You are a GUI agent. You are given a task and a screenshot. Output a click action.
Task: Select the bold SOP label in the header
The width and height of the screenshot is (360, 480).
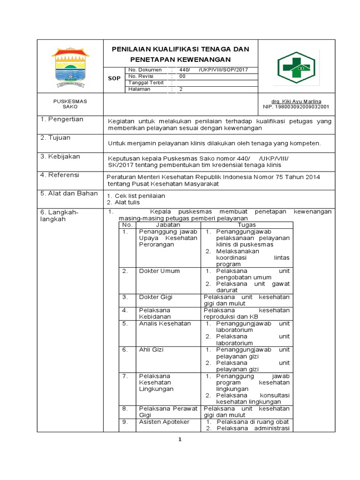coord(114,79)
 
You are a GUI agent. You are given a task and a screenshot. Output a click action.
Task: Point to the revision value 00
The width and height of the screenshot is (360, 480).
coord(182,76)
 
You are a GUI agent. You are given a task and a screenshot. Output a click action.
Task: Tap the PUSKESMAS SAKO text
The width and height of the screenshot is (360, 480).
coord(70,104)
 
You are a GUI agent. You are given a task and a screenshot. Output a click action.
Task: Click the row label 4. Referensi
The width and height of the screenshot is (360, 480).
coord(60,175)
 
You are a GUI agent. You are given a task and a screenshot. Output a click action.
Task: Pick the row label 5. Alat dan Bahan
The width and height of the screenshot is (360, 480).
coord(69,194)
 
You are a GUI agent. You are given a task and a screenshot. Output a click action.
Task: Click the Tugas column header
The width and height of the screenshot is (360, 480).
coord(247,225)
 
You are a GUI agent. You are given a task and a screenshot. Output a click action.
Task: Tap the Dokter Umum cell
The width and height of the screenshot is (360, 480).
coord(159,271)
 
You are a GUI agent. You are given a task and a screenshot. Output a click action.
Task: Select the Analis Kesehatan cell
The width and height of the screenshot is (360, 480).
coord(165,323)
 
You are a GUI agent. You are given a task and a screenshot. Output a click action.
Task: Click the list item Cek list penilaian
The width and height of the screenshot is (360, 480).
coord(140,195)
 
